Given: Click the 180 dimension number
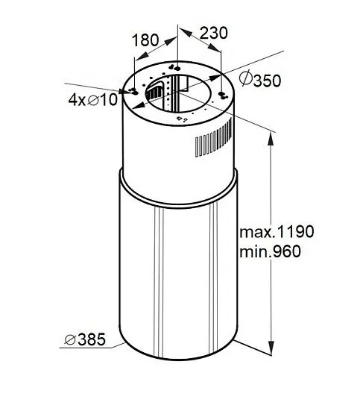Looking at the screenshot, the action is click(145, 40).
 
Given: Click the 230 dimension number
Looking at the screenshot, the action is click(214, 33).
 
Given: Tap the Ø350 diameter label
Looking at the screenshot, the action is click(259, 79).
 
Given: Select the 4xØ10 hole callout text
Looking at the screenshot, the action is click(93, 100).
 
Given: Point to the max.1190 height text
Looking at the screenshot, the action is click(277, 231).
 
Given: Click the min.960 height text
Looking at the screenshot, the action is click(270, 251).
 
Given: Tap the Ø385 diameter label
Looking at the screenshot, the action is click(85, 339).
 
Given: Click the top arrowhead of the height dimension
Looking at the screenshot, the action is click(271, 139).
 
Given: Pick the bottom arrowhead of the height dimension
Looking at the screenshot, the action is click(271, 348).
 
